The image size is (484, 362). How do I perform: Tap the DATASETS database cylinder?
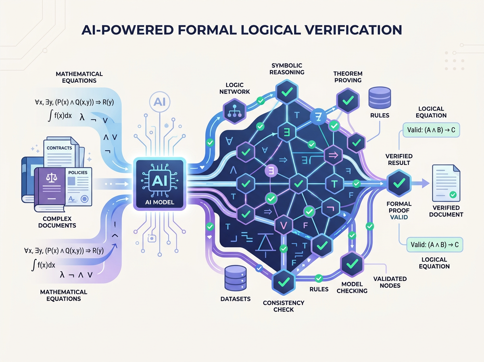click(234, 278)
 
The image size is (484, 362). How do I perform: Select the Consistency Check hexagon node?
click(284, 281)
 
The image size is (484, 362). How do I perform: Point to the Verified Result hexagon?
click(398, 183)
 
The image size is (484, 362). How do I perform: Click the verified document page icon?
click(446, 184)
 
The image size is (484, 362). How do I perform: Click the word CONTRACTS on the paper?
click(59, 148)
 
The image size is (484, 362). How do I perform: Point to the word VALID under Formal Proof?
click(399, 217)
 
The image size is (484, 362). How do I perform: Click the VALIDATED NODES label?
click(390, 282)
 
